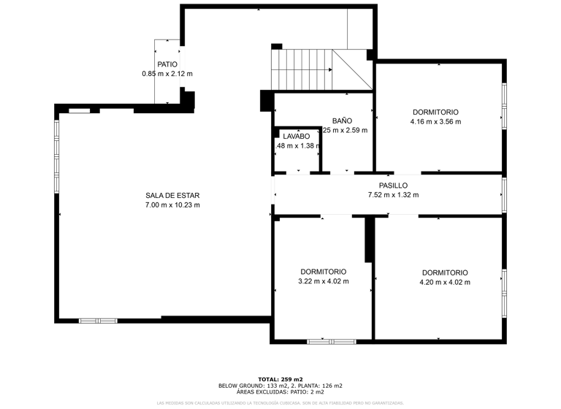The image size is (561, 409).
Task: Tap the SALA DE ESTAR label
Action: [172, 195]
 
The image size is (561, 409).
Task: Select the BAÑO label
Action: [342, 121]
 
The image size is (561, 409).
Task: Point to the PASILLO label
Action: [393, 186]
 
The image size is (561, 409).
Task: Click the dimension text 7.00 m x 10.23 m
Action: [172, 204]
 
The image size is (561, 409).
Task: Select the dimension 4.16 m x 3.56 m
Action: [435, 121]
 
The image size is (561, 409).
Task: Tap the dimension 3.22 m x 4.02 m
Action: [324, 281]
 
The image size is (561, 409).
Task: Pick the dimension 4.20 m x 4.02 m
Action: [444, 282]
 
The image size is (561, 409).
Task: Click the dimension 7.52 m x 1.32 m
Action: [393, 195]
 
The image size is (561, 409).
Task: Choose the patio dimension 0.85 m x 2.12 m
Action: [167, 74]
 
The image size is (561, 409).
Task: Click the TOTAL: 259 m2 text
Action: [280, 380]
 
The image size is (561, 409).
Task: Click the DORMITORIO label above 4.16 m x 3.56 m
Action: [435, 112]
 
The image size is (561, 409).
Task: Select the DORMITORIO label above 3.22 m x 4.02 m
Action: [324, 272]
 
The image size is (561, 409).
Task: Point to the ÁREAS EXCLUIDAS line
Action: [280, 391]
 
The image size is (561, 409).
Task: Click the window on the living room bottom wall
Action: [98, 320]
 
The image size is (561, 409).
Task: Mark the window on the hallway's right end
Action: [503, 195]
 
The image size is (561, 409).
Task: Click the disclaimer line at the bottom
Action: [280, 402]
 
